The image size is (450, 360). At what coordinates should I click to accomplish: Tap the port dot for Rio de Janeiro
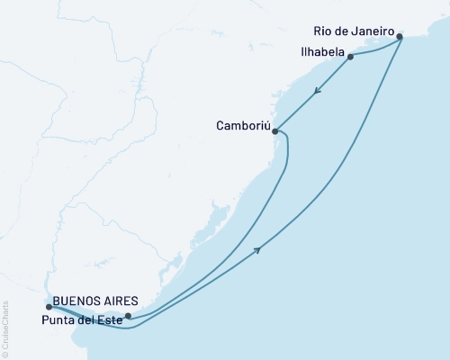pos(400,37)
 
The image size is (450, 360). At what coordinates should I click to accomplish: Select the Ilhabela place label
pos(319,53)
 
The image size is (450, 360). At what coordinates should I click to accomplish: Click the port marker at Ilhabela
pos(350,57)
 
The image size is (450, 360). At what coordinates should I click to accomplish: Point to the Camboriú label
pos(243,126)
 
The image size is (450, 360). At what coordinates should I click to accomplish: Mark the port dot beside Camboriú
pos(275,130)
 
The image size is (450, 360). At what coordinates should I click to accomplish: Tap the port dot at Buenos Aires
pos(49,307)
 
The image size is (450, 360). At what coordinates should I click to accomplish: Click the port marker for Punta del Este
pos(128,316)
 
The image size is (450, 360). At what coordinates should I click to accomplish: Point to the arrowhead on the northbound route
pos(260,249)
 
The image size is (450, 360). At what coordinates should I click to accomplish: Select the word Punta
pos(57,318)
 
